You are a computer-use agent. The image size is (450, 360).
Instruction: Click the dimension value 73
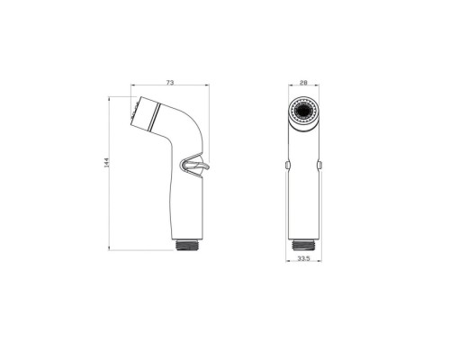[x=170, y=83]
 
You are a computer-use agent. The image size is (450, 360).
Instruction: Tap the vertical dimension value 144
[x=107, y=162]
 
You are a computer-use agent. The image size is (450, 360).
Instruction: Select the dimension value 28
[x=303, y=83]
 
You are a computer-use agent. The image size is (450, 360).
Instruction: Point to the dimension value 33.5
[x=303, y=258]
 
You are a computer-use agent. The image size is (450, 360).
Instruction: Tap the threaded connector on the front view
[x=303, y=245]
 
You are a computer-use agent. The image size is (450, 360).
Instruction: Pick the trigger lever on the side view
[x=202, y=166]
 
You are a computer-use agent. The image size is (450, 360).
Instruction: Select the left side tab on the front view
[x=287, y=165]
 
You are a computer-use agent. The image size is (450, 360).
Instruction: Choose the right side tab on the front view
[x=319, y=165]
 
